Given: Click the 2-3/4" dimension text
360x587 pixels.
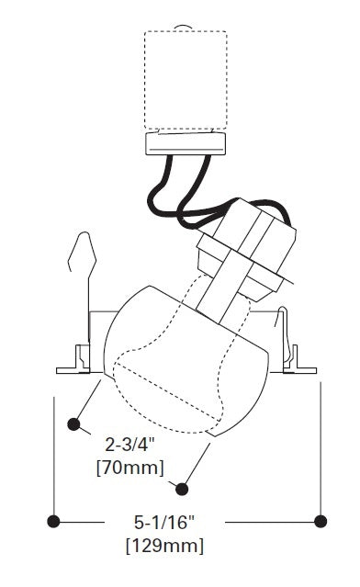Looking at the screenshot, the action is coord(129,446).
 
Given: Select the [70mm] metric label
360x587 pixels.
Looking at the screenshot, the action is coord(130,468).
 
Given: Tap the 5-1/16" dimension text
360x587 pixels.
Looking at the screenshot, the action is coord(164,522).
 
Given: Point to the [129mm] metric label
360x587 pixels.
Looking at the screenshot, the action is coord(165,546).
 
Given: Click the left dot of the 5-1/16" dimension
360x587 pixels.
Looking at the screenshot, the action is coord(53,522).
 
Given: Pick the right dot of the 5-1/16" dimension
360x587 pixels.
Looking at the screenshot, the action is coord(321,521).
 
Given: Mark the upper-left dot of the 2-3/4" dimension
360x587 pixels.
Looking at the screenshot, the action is coord(73,424).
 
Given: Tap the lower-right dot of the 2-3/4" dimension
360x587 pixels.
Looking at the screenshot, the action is coord(182,489).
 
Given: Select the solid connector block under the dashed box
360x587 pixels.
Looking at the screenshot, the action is coord(186,143).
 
